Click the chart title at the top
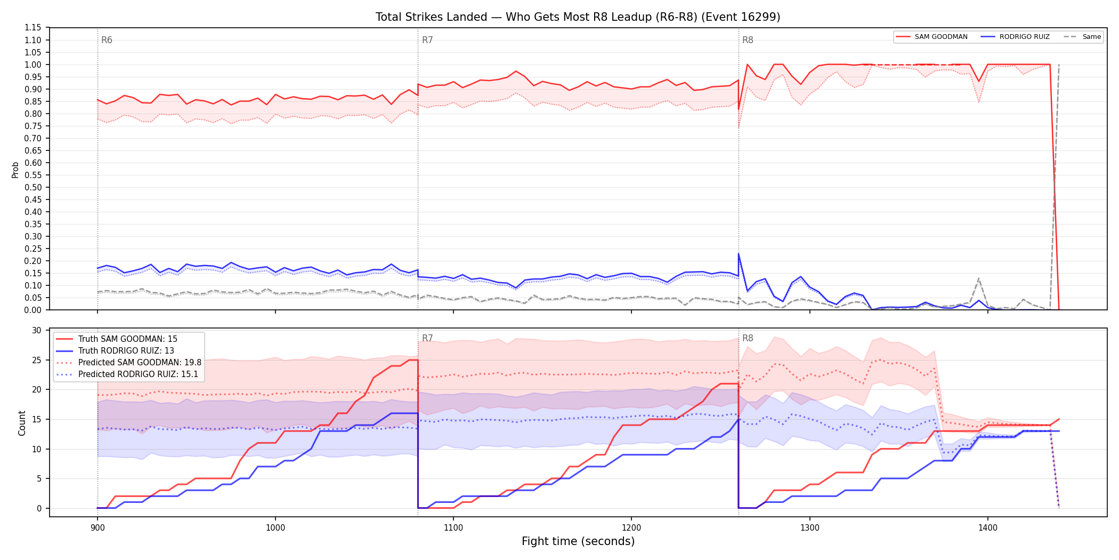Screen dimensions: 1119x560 (x=578, y=17)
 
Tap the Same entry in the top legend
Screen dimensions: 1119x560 (x=1082, y=37)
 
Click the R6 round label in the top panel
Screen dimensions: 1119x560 (x=107, y=40)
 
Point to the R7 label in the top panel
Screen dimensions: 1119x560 (x=427, y=40)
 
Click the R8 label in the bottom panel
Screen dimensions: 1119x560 (x=748, y=338)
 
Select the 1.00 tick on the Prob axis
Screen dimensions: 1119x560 (x=33, y=65)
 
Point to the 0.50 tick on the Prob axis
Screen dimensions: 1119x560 (x=33, y=187)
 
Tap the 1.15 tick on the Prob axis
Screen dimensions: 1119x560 (x=33, y=28)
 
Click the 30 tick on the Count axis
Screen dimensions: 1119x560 (x=37, y=330)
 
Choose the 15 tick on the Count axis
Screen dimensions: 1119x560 (x=37, y=419)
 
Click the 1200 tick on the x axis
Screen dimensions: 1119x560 (x=631, y=528)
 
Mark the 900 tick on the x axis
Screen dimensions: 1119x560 (x=98, y=528)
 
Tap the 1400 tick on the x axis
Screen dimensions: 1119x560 (x=988, y=528)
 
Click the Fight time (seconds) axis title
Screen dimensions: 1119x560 (x=578, y=541)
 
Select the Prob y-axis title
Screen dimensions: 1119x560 (x=15, y=170)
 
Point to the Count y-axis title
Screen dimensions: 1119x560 (x=22, y=423)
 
